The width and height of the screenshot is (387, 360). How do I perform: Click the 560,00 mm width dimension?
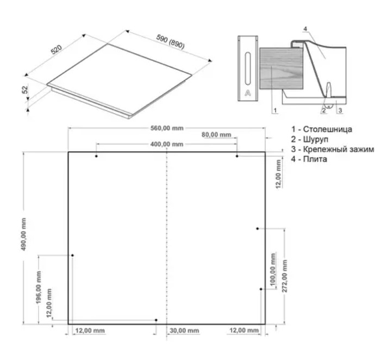pyautogui.click(x=167, y=128)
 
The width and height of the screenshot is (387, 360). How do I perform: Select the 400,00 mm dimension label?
pyautogui.click(x=167, y=144)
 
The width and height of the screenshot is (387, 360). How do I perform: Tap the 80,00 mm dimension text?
pyautogui.click(x=216, y=134)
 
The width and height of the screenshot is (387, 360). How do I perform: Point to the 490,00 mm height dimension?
pyautogui.click(x=24, y=234)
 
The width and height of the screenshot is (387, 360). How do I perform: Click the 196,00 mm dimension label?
pyautogui.click(x=39, y=288)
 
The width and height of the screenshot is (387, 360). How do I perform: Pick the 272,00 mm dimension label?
pyautogui.click(x=285, y=276)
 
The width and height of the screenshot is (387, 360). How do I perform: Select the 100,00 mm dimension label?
pyautogui.click(x=273, y=269)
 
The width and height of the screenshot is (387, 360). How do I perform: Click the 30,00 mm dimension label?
pyautogui.click(x=184, y=331)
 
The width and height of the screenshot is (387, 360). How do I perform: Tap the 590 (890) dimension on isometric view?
pyautogui.click(x=170, y=41)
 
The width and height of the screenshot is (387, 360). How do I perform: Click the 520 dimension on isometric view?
pyautogui.click(x=57, y=49)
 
